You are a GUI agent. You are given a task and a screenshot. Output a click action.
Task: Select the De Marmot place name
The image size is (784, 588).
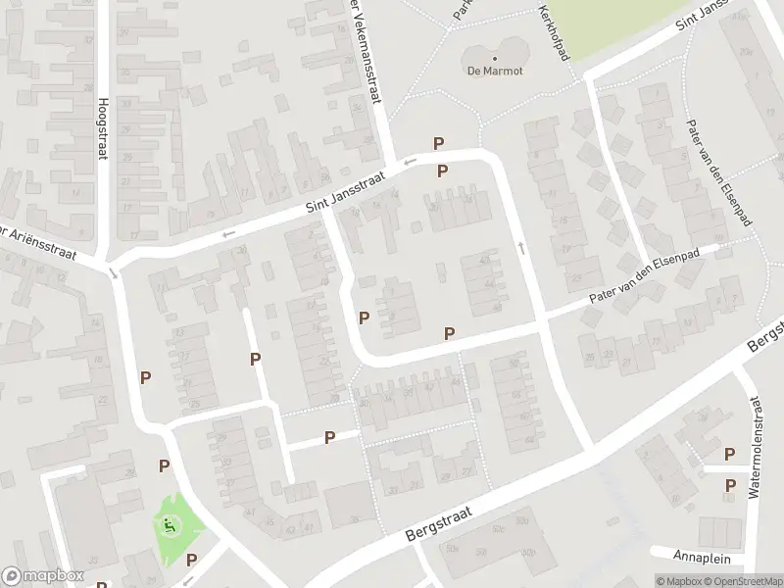[x=494, y=71]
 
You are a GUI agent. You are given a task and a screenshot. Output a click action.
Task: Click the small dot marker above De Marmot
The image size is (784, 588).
[x=494, y=57]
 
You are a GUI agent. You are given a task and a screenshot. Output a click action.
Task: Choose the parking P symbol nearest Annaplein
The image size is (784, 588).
[x=730, y=486]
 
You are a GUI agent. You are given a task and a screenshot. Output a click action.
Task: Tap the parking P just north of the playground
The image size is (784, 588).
[x=165, y=465]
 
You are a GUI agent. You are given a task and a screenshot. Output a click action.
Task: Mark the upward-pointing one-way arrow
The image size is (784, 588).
[x=520, y=247]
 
